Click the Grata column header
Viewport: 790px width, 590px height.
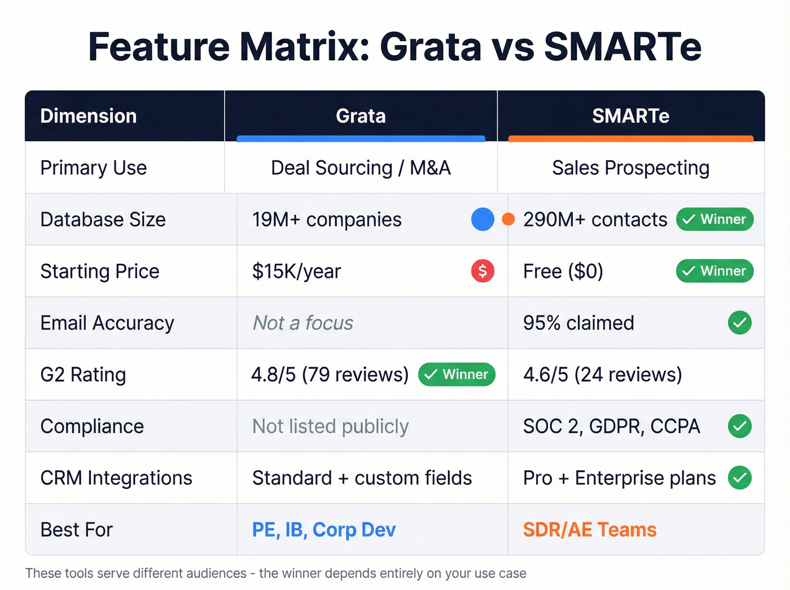click(361, 116)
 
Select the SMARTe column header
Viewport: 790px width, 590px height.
click(630, 116)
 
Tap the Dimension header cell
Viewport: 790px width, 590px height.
click(89, 116)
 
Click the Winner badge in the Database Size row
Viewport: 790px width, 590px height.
click(714, 219)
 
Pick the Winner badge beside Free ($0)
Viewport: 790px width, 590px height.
click(714, 271)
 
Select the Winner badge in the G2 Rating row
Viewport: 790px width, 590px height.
click(457, 374)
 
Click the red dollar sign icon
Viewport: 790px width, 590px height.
click(482, 271)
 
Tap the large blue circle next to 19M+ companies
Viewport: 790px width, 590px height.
click(482, 219)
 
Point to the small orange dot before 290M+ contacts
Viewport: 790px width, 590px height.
click(508, 219)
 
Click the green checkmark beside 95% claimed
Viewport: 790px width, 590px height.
click(739, 323)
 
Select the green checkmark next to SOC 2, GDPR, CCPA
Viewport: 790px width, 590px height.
click(739, 426)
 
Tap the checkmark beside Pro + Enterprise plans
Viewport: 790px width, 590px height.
click(739, 478)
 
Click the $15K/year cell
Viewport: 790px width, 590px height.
click(297, 272)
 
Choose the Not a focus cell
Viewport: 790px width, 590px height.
click(303, 323)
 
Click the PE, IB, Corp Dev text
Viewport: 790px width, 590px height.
click(324, 530)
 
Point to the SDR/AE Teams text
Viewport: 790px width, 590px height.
click(590, 530)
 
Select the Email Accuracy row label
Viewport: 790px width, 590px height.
click(107, 323)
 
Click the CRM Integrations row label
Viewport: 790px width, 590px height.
click(116, 478)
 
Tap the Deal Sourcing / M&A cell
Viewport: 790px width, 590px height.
click(361, 168)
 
